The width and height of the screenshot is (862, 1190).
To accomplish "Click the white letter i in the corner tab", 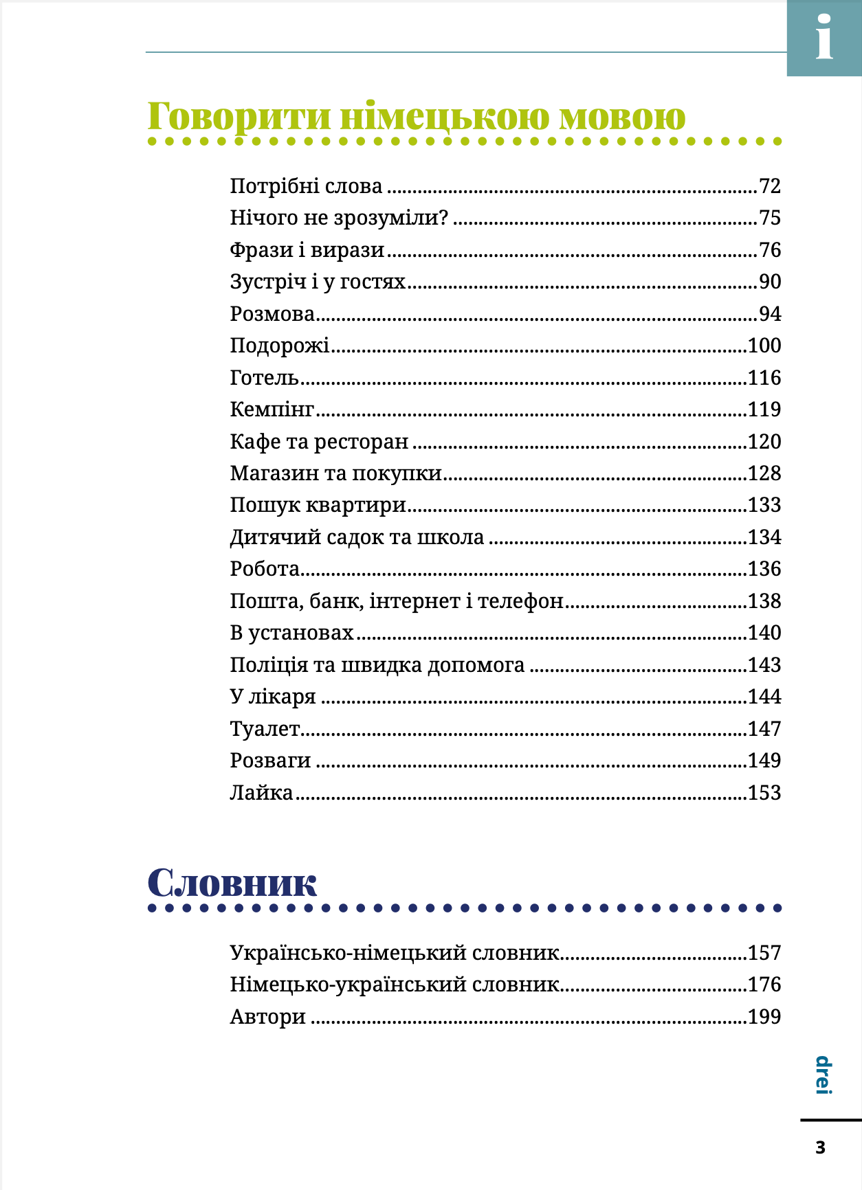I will pos(824,38).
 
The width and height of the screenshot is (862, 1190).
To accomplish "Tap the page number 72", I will pos(770,186).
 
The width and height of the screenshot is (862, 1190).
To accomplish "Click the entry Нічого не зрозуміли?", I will pos(339,218).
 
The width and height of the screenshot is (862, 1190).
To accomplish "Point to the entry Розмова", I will pos(272,314).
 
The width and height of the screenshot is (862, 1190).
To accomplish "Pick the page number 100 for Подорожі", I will pos(764,346).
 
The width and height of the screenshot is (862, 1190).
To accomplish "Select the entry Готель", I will pos(265,378).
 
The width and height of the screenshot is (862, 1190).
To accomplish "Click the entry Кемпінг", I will pos(272,409).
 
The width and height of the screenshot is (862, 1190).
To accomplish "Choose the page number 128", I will pos(764,473).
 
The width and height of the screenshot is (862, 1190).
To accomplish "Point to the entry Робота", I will pos(265,569).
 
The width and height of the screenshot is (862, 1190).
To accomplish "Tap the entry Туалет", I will pos(265,729).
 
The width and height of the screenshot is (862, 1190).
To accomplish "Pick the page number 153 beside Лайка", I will pos(764,793).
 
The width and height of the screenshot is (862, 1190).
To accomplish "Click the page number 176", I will pos(764,985).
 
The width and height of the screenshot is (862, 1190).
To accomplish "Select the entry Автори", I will pos(268,1017).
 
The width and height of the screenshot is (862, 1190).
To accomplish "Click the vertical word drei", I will pos(824,1075).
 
